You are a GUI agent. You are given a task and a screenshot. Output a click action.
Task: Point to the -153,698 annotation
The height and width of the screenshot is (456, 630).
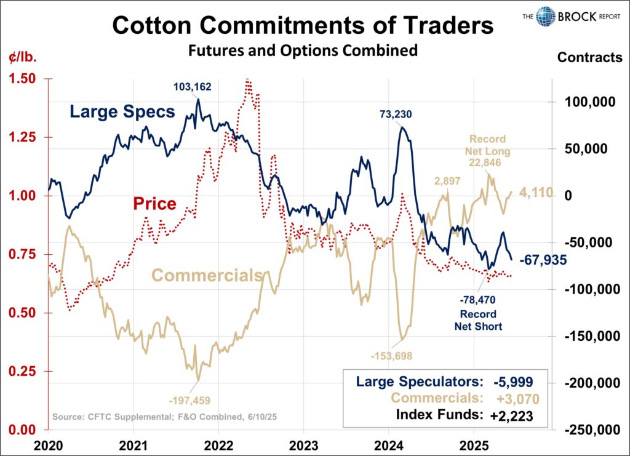click(391, 355)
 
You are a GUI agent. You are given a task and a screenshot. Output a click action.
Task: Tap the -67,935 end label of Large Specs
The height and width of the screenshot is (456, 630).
click(543, 260)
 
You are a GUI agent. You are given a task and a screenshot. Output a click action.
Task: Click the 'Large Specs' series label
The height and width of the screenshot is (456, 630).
click(122, 111)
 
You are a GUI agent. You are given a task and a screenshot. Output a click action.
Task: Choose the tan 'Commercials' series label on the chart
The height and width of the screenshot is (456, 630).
click(207, 275)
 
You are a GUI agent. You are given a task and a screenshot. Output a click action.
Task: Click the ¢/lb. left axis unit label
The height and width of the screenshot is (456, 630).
click(23, 58)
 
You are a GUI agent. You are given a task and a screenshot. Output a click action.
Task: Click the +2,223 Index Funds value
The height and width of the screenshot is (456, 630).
click(511, 416)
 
